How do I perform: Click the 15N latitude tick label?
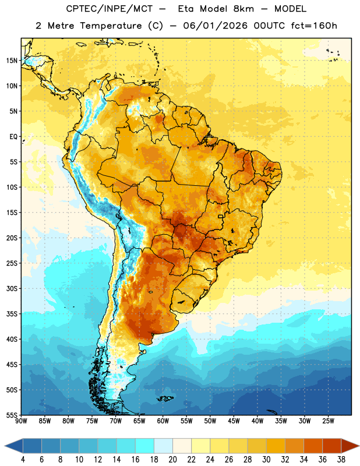(x=12, y=61)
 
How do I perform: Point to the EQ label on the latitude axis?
(x=13, y=137)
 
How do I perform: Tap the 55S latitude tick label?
(x=12, y=415)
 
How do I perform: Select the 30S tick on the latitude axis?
(x=12, y=288)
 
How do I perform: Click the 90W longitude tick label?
(x=21, y=421)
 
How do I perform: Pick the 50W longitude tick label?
(x=210, y=421)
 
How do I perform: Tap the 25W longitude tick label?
(x=328, y=421)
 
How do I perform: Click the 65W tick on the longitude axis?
(x=139, y=421)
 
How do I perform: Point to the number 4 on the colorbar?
(x=23, y=460)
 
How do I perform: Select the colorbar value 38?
(x=341, y=460)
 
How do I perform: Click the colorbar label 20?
(x=172, y=460)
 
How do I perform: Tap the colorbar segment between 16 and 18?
(x=145, y=446)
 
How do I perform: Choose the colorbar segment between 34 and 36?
(x=313, y=446)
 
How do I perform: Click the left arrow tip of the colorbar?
(x=5, y=446)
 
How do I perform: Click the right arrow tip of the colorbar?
(x=359, y=446)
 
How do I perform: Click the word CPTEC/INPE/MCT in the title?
(x=110, y=9)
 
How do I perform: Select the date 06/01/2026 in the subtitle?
(x=215, y=26)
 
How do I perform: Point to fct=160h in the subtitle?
(x=314, y=26)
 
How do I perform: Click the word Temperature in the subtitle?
(x=111, y=26)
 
